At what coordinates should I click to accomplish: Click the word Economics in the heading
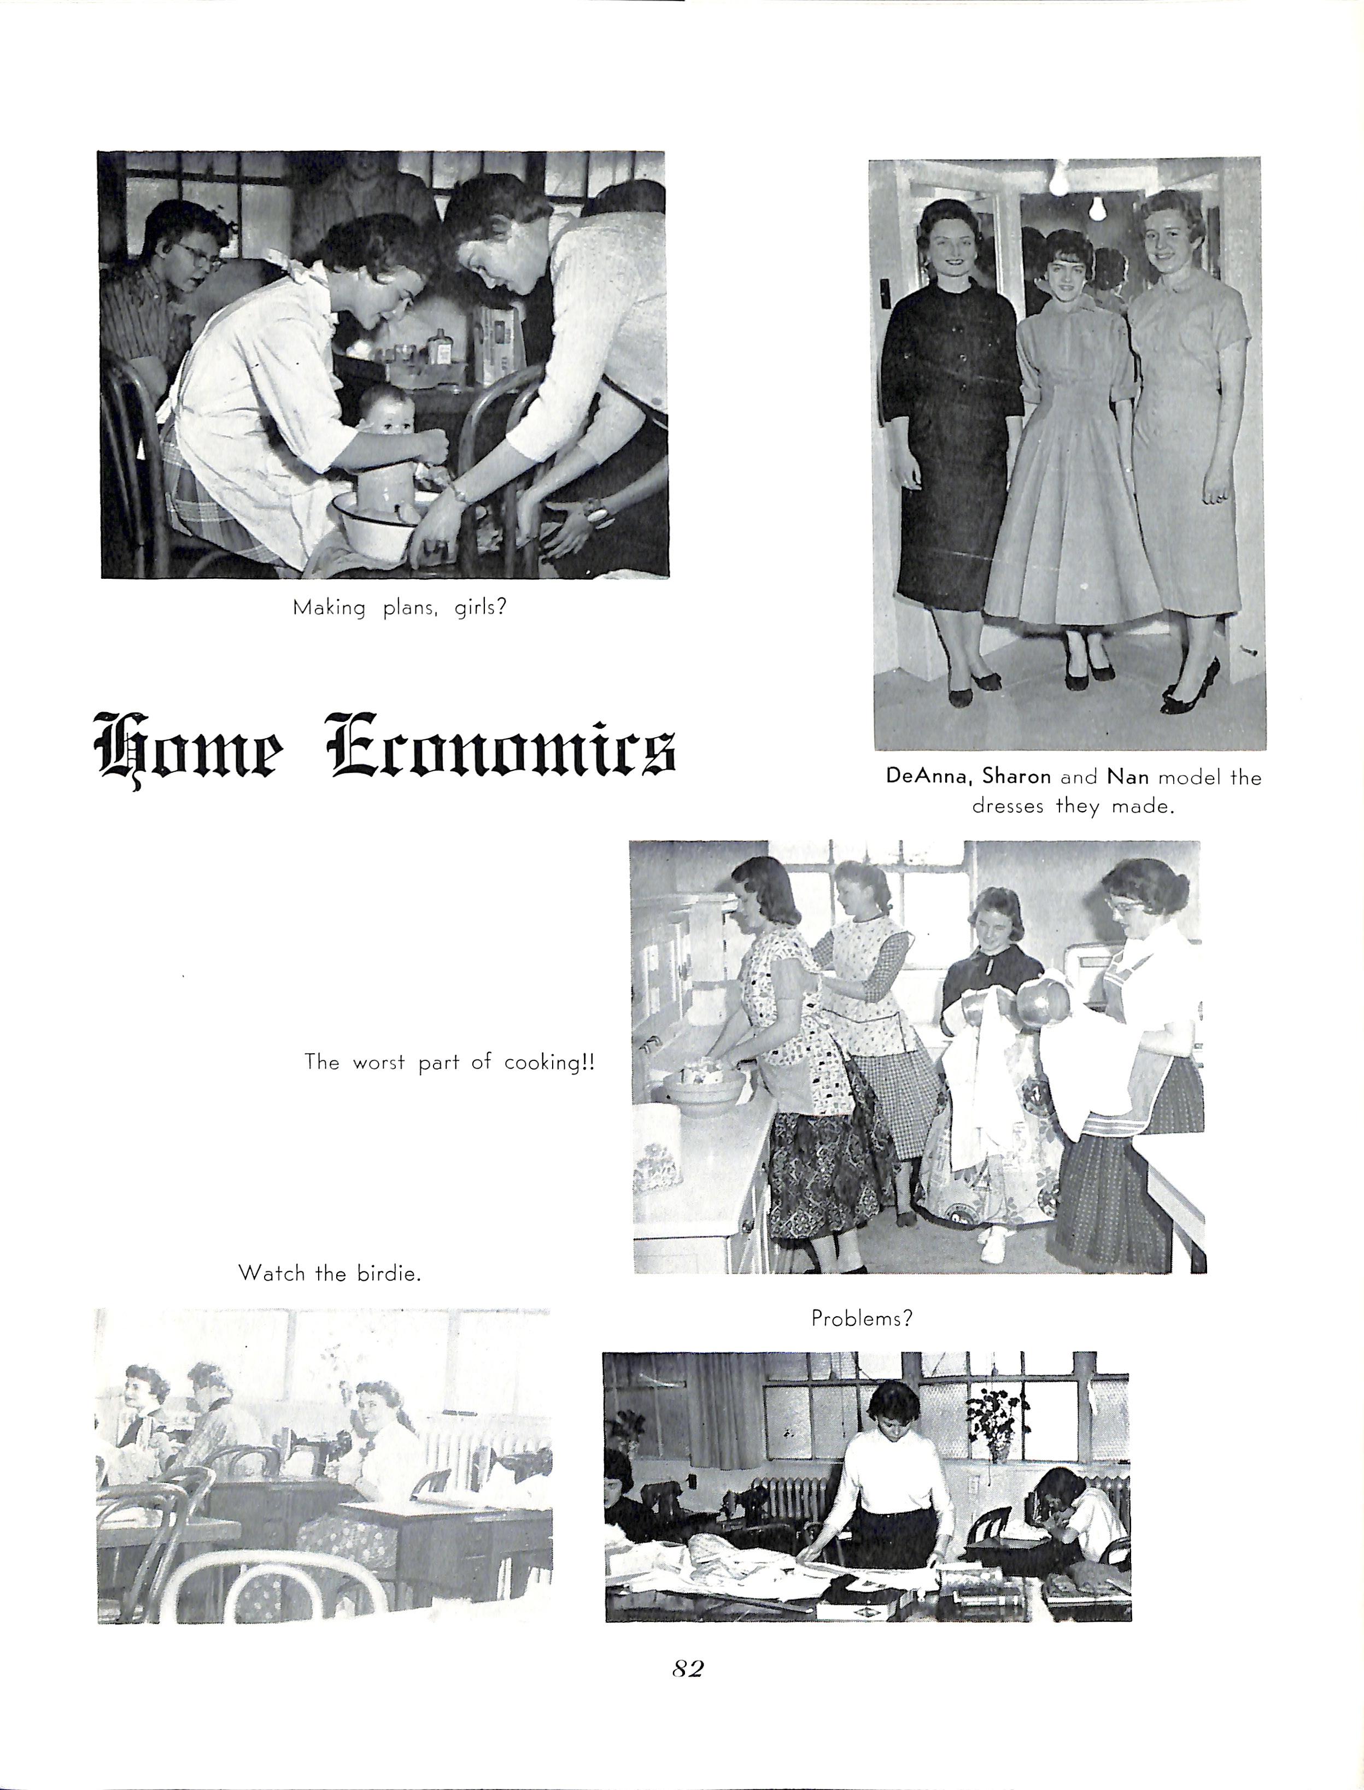click(501, 745)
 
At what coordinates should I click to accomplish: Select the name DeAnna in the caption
click(929, 777)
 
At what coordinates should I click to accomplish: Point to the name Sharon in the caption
click(1016, 777)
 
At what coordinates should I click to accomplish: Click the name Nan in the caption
click(1127, 777)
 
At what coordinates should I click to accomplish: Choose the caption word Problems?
click(862, 1318)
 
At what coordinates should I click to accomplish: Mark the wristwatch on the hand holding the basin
click(459, 493)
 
